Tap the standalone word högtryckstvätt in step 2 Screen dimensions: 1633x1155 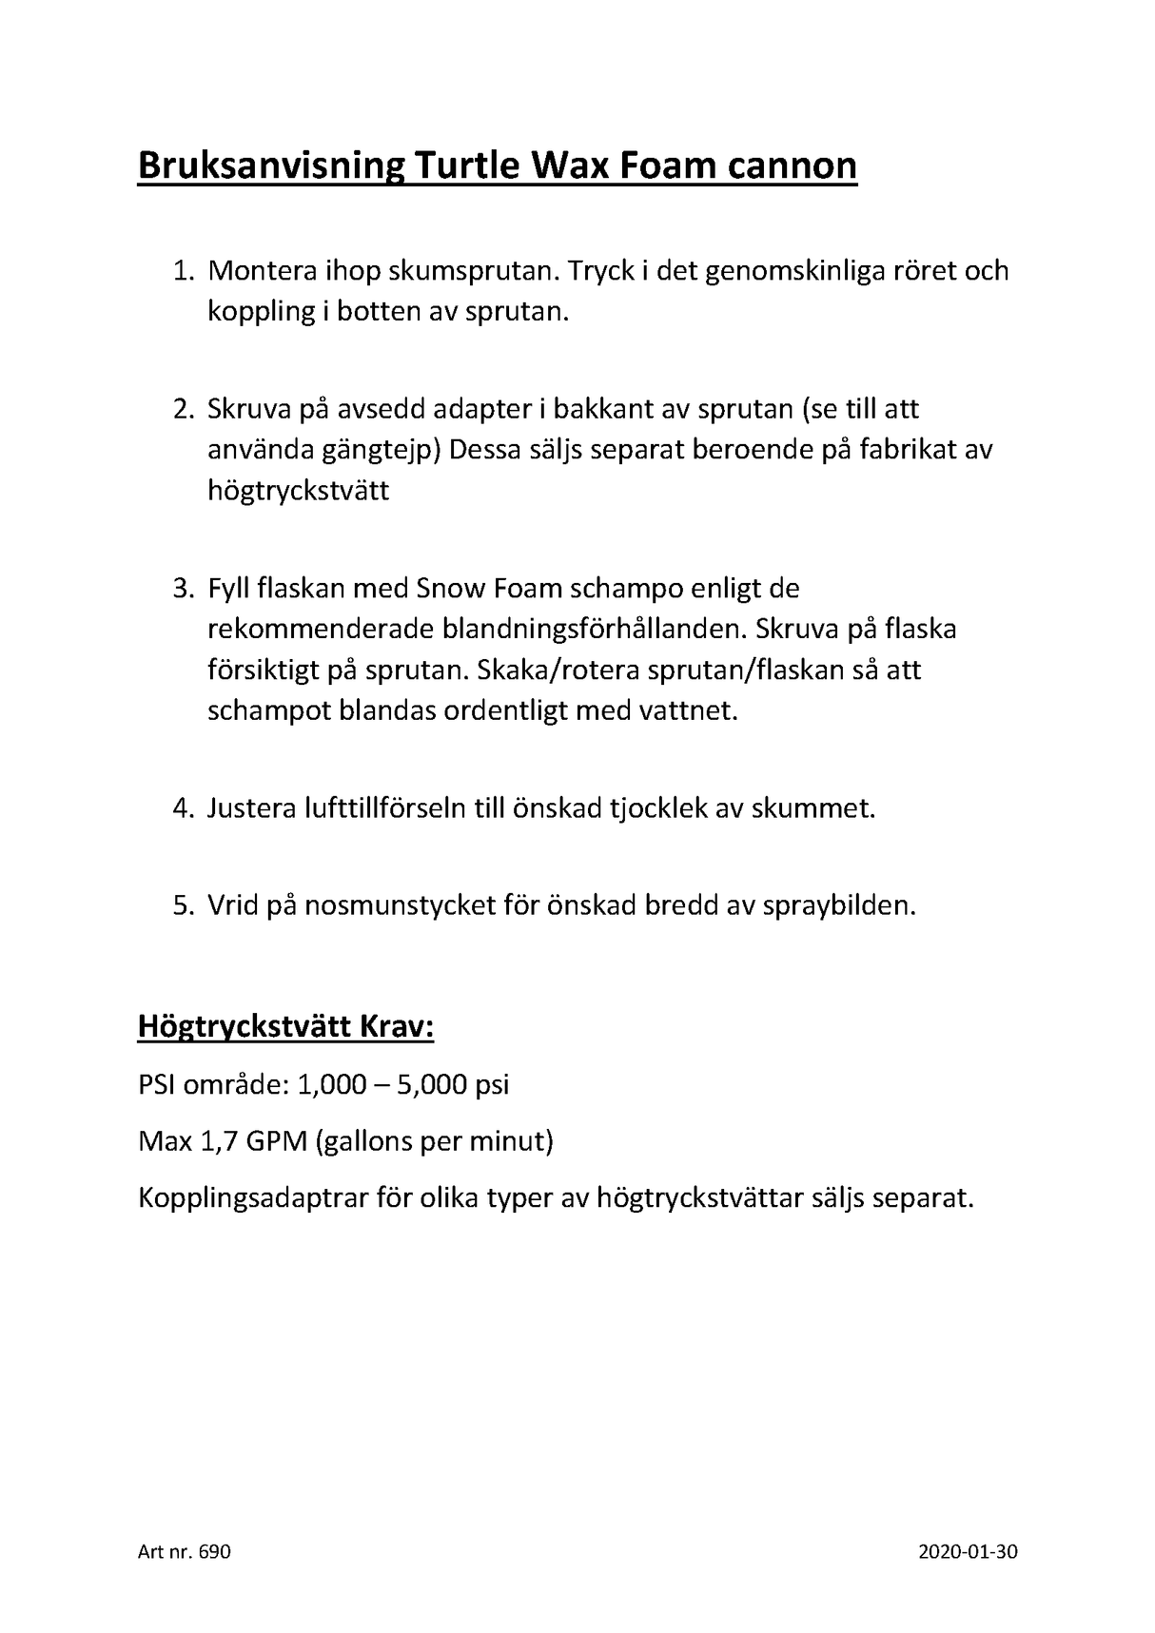pos(299,492)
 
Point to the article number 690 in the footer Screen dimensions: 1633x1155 pos(216,1552)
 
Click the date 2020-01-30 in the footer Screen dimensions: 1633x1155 pos(969,1552)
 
